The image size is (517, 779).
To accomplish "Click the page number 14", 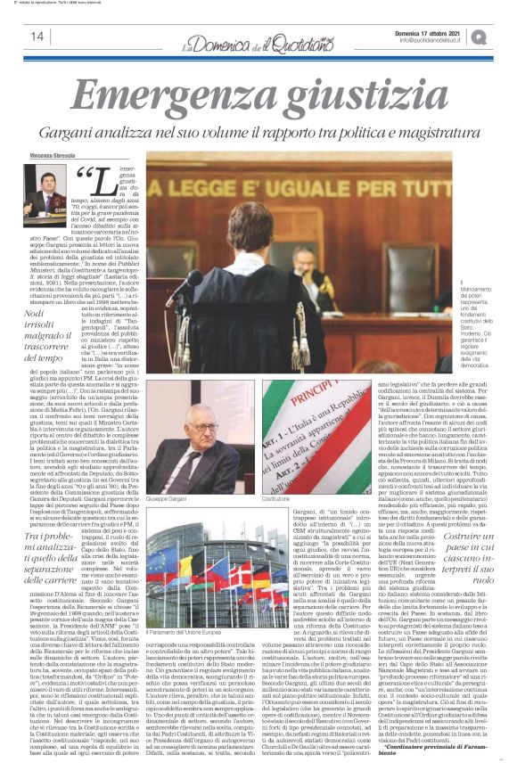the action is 37,36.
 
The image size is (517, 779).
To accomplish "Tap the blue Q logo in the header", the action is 480,36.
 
